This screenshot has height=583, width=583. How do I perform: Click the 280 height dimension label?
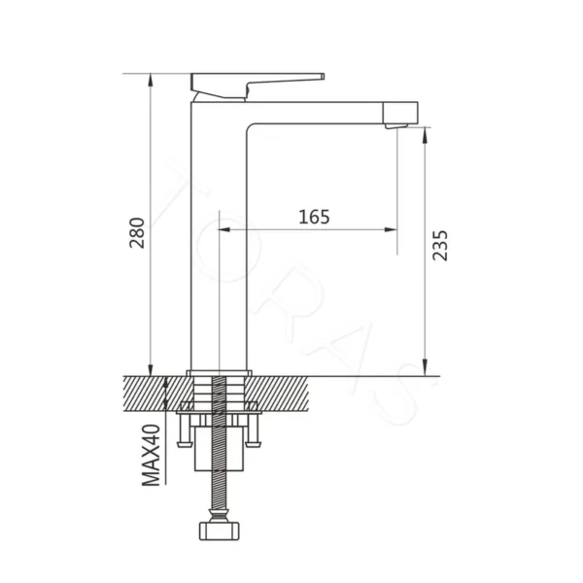[x=137, y=233]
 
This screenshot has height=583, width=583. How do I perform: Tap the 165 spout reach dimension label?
[x=314, y=217]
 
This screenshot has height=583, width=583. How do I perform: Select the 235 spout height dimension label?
[x=440, y=246]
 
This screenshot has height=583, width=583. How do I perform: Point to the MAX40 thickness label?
[x=152, y=455]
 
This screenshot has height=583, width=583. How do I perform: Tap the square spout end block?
[x=400, y=113]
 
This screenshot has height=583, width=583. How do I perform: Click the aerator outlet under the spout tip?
[x=396, y=126]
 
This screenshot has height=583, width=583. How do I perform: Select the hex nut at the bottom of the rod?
[x=219, y=531]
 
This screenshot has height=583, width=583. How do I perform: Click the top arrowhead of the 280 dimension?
[x=151, y=79]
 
